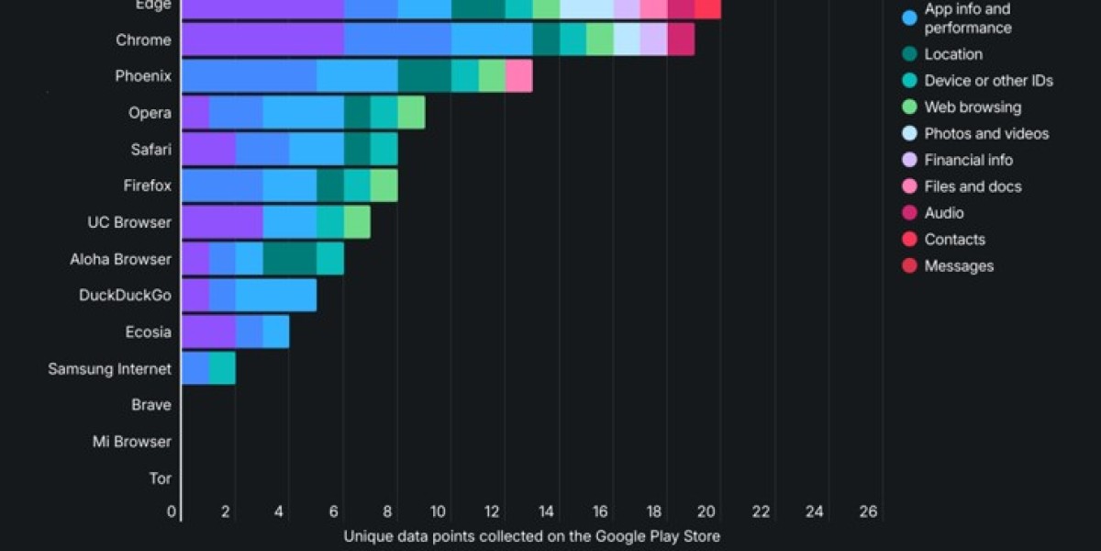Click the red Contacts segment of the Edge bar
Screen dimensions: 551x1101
click(707, 8)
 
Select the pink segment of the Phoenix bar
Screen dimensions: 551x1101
click(518, 75)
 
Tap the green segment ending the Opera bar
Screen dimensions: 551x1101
click(411, 112)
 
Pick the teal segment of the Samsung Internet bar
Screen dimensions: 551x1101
click(222, 368)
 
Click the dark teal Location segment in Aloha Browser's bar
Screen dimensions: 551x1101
click(290, 259)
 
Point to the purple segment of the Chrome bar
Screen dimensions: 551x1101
click(262, 39)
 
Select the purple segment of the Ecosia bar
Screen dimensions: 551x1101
click(208, 332)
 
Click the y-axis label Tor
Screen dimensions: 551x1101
click(160, 478)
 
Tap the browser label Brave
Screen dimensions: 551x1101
click(150, 404)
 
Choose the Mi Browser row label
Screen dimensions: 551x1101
click(131, 441)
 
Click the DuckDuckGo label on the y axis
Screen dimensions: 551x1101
click(125, 295)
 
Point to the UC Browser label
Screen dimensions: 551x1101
click(128, 222)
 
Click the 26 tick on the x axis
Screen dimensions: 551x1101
click(868, 512)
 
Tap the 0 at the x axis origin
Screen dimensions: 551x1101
click(172, 512)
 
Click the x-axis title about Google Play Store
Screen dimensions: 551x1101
click(532, 535)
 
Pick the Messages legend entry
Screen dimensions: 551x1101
click(959, 265)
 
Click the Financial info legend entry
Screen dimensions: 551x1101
click(968, 160)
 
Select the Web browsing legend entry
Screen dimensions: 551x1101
click(973, 107)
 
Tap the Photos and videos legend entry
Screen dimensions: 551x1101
click(986, 133)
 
